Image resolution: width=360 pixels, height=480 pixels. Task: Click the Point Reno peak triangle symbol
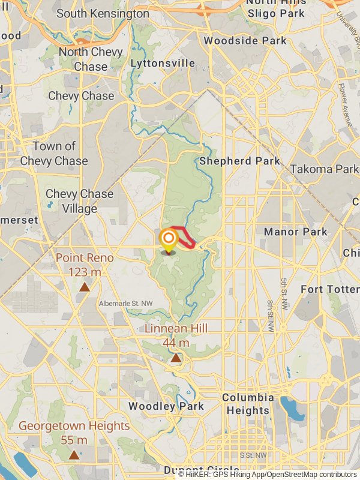[x=85, y=287]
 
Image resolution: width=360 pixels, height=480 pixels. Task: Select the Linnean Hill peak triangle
[x=176, y=358]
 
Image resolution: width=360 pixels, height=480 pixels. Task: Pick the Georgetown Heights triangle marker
[x=74, y=455]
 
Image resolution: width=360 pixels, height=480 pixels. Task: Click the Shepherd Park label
[x=239, y=161]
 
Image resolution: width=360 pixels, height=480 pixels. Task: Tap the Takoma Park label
[x=324, y=169]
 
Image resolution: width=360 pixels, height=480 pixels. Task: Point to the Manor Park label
[x=296, y=232]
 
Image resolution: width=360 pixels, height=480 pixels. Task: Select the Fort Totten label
[x=329, y=289]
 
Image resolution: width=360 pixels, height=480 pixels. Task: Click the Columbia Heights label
[x=248, y=404]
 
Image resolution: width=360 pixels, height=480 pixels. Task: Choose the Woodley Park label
[x=166, y=406]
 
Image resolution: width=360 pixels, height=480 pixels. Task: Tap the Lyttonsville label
[x=163, y=63]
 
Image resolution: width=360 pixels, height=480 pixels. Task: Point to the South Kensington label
[x=103, y=13]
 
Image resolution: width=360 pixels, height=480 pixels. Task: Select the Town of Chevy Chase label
[x=54, y=154]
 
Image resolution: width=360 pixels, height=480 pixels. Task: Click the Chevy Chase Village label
[x=79, y=202]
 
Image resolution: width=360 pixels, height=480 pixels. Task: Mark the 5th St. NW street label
[x=284, y=294]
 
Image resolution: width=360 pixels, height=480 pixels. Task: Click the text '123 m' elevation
[x=85, y=272]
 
